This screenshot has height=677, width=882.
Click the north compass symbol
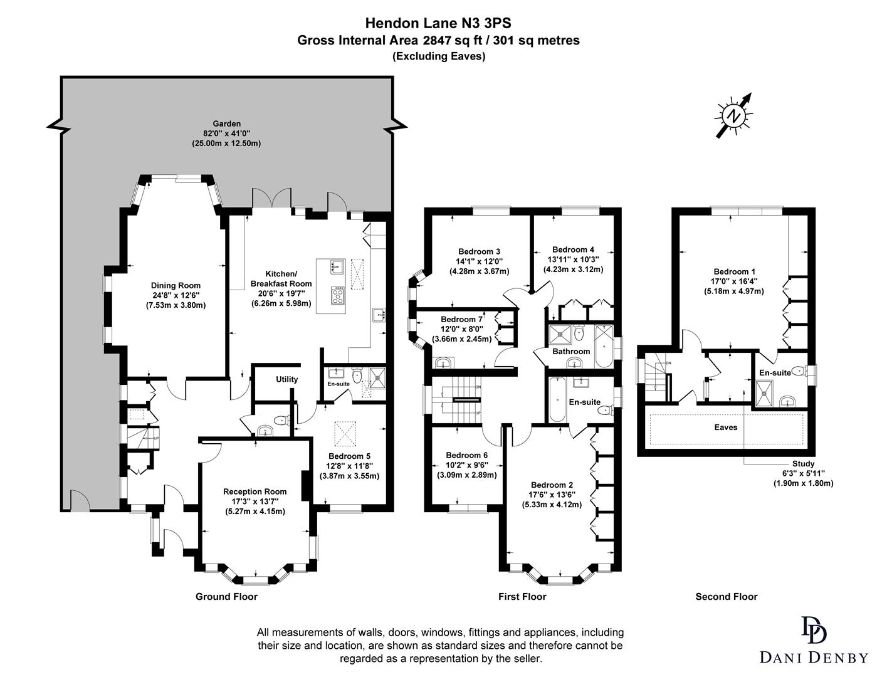point(732,115)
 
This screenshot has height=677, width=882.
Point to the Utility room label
point(286,379)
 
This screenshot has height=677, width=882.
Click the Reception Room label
point(255,491)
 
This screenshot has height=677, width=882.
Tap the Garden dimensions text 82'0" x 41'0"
point(226,134)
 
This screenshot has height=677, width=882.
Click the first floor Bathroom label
point(570,352)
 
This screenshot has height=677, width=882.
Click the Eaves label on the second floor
point(725,428)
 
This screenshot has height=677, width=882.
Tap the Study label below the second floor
point(803,464)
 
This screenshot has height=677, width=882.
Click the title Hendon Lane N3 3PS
point(438,23)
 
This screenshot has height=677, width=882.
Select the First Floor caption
point(522,597)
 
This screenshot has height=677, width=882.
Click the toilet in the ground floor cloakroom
point(281,420)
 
